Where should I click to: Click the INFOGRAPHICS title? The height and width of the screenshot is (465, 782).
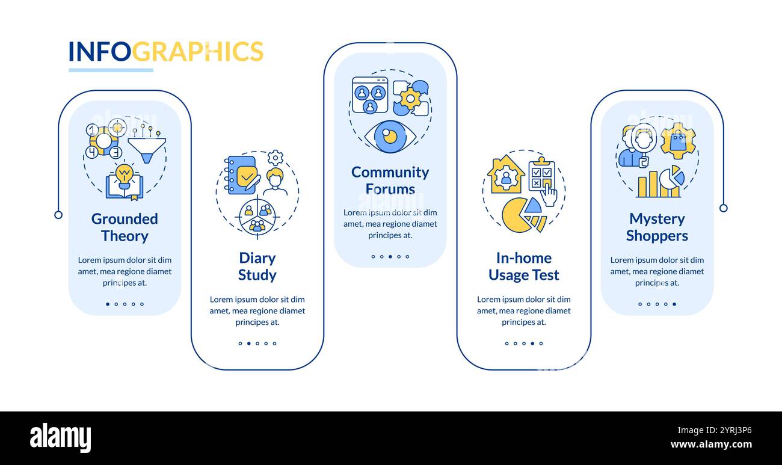tap(166, 51)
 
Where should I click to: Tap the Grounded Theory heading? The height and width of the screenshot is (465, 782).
tap(125, 227)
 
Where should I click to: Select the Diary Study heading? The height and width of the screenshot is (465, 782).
tap(257, 266)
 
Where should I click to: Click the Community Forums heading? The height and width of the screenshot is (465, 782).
tap(390, 180)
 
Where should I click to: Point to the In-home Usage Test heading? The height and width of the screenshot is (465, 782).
tap(524, 266)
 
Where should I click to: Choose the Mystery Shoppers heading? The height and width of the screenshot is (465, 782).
tap(657, 227)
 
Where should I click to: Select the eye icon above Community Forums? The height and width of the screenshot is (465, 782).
tap(390, 137)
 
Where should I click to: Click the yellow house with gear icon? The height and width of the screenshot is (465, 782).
tap(506, 174)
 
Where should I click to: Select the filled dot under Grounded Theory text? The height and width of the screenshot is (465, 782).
tap(108, 304)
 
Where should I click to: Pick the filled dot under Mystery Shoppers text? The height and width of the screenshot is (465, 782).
tap(674, 304)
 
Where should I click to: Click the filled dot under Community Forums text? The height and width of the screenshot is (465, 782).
tap(390, 257)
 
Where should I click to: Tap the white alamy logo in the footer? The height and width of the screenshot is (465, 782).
tap(60, 438)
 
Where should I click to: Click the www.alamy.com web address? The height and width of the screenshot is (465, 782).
tap(711, 445)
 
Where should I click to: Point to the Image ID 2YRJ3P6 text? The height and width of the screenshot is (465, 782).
tap(714, 430)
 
